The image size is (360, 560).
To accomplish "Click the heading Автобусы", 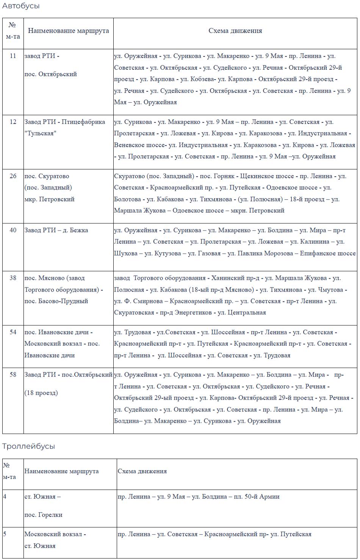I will pos(21,6).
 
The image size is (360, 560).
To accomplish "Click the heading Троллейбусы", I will pos(28,446).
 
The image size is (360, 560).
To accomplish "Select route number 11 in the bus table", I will pos(13,56).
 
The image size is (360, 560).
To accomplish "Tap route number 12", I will pos(13,122).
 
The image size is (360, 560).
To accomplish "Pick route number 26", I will pos(13,176).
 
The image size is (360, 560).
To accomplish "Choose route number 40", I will pos(13,230).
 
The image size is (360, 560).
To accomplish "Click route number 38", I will pos(13,278).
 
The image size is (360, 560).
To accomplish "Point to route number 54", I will pos(13,332).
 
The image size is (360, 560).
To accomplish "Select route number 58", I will pos(13,375).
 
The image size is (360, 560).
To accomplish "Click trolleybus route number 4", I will pos(5,496).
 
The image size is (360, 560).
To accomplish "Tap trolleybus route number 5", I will pos(5,534).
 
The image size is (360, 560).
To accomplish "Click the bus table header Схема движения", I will pos(235,31).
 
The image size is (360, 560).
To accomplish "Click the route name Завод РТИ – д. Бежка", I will pos(56,230).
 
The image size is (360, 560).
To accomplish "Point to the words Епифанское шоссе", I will pos(328,253).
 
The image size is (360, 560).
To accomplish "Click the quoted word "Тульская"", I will pos(40,133).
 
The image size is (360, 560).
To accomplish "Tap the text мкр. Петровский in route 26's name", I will pos(49,199).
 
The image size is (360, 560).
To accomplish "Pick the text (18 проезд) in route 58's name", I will pos(41,393).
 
